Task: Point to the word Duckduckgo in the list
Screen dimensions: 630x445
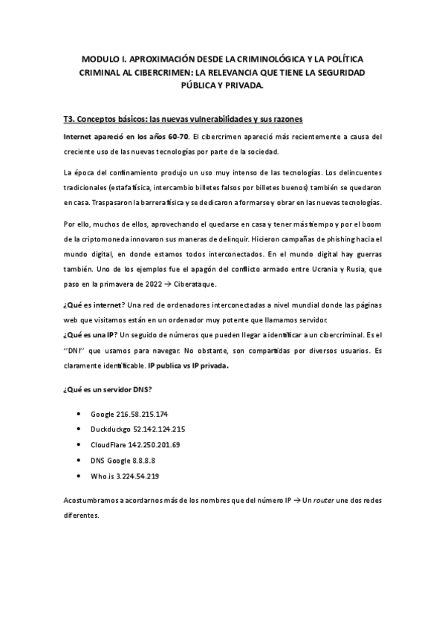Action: [x=109, y=429]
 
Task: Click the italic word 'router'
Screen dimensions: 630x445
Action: [x=324, y=500]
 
